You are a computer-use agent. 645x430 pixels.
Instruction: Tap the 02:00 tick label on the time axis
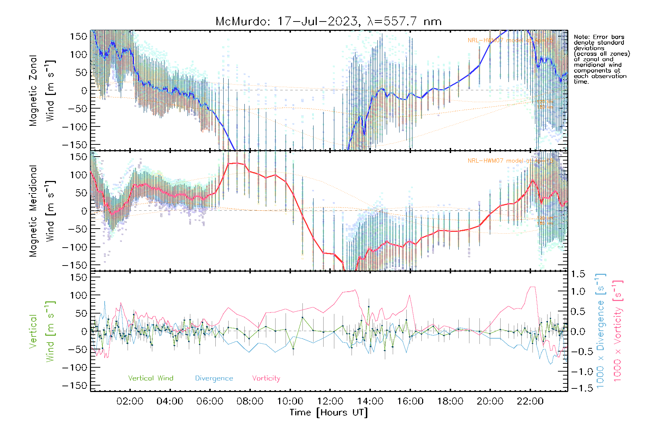point(130,401)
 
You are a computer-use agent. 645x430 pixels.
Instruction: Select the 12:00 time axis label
point(330,401)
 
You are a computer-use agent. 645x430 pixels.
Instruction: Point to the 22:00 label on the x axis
point(530,401)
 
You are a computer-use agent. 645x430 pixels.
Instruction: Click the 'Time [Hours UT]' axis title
point(329,412)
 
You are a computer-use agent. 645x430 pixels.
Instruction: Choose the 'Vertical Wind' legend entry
point(150,378)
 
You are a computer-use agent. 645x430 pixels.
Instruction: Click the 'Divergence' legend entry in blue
point(214,378)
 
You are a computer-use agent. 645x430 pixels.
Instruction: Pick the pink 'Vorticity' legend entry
point(266,378)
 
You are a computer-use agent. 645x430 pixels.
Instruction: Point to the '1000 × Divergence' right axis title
point(601,331)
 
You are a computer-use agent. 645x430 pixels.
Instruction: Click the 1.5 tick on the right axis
point(578,274)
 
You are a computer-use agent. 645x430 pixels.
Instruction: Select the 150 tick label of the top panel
point(79,36)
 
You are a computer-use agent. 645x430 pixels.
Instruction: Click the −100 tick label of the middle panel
point(75,247)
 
